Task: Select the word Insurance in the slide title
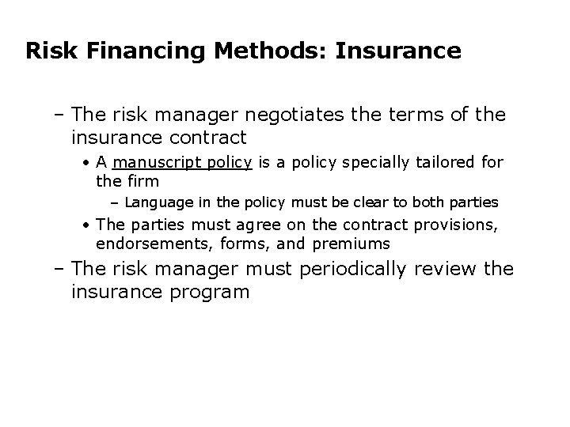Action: pos(398,51)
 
